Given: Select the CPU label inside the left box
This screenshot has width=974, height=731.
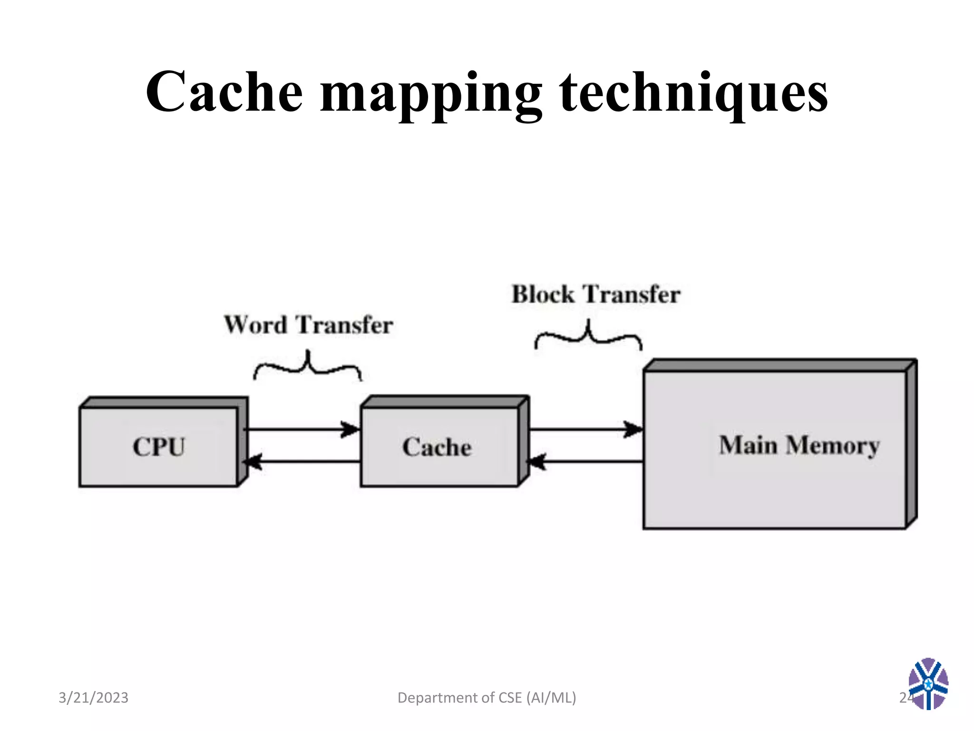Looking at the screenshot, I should point(158,447).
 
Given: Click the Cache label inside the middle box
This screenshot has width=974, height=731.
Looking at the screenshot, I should point(437,447).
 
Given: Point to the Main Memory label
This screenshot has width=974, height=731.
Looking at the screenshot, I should point(799,445).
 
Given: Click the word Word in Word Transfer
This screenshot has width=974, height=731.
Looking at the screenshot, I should point(255,325).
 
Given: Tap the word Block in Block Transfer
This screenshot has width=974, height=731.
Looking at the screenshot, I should point(543,294).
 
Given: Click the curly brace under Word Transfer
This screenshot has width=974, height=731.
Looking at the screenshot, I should point(307,366).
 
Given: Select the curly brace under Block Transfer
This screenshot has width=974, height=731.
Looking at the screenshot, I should point(588,335).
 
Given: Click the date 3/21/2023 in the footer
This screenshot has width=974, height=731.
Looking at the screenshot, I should point(93,698).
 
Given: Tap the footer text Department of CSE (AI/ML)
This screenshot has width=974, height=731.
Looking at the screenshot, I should point(487,698).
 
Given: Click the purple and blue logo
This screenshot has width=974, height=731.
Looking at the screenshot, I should point(928,684).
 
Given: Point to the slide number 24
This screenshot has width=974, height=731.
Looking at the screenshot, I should point(905,698).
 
